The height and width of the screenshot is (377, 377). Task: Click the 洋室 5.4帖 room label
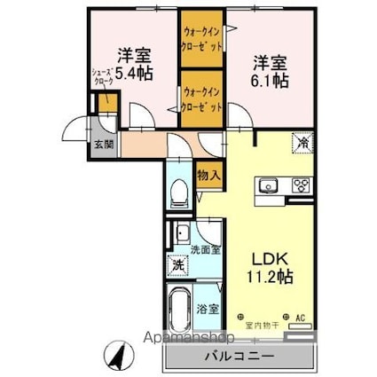(130, 63)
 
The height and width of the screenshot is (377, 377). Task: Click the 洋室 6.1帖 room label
(269, 71)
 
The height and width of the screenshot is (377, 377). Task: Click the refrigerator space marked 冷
(302, 141)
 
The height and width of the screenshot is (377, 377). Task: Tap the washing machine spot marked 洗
(177, 264)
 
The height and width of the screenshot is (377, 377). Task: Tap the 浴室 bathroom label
(208, 310)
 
